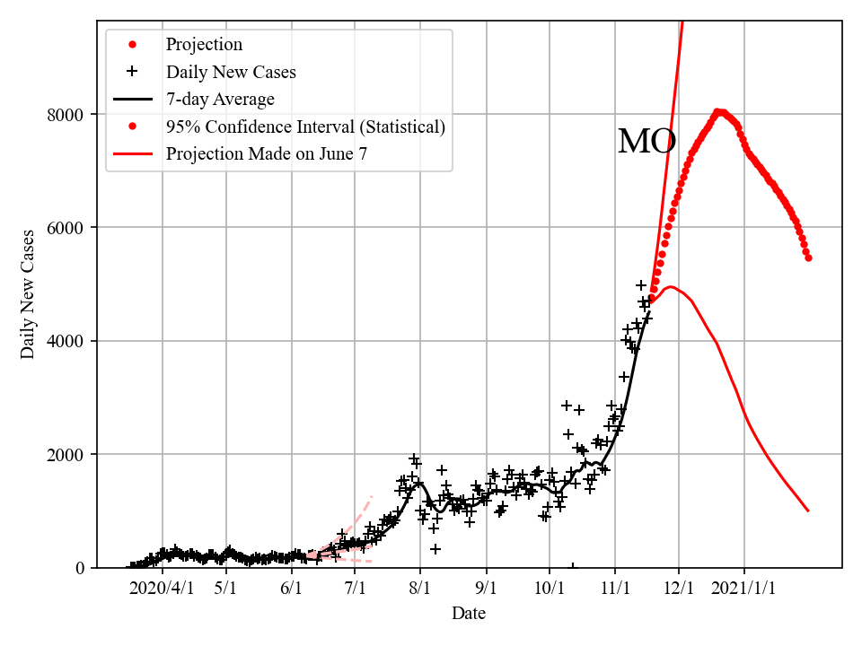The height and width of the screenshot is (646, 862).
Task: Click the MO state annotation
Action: [x=646, y=143]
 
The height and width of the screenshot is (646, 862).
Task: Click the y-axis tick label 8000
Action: [x=68, y=115]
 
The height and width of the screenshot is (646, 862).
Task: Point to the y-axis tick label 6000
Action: [x=68, y=228]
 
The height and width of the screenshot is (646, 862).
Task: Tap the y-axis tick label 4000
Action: [x=68, y=342]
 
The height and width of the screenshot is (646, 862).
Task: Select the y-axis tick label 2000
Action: [x=68, y=455]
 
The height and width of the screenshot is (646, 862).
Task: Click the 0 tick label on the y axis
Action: [x=82, y=568]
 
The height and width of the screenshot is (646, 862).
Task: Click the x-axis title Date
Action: [x=469, y=614]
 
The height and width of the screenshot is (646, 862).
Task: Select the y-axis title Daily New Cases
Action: [x=29, y=294]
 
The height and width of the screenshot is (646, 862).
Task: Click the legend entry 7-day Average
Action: [x=220, y=100]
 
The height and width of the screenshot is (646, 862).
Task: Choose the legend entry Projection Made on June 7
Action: [x=266, y=154]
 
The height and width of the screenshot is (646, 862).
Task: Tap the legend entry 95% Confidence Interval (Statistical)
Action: [x=305, y=127]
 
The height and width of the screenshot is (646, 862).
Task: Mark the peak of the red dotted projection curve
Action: [x=718, y=112]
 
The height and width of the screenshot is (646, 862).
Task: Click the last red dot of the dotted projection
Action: [x=808, y=258]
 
